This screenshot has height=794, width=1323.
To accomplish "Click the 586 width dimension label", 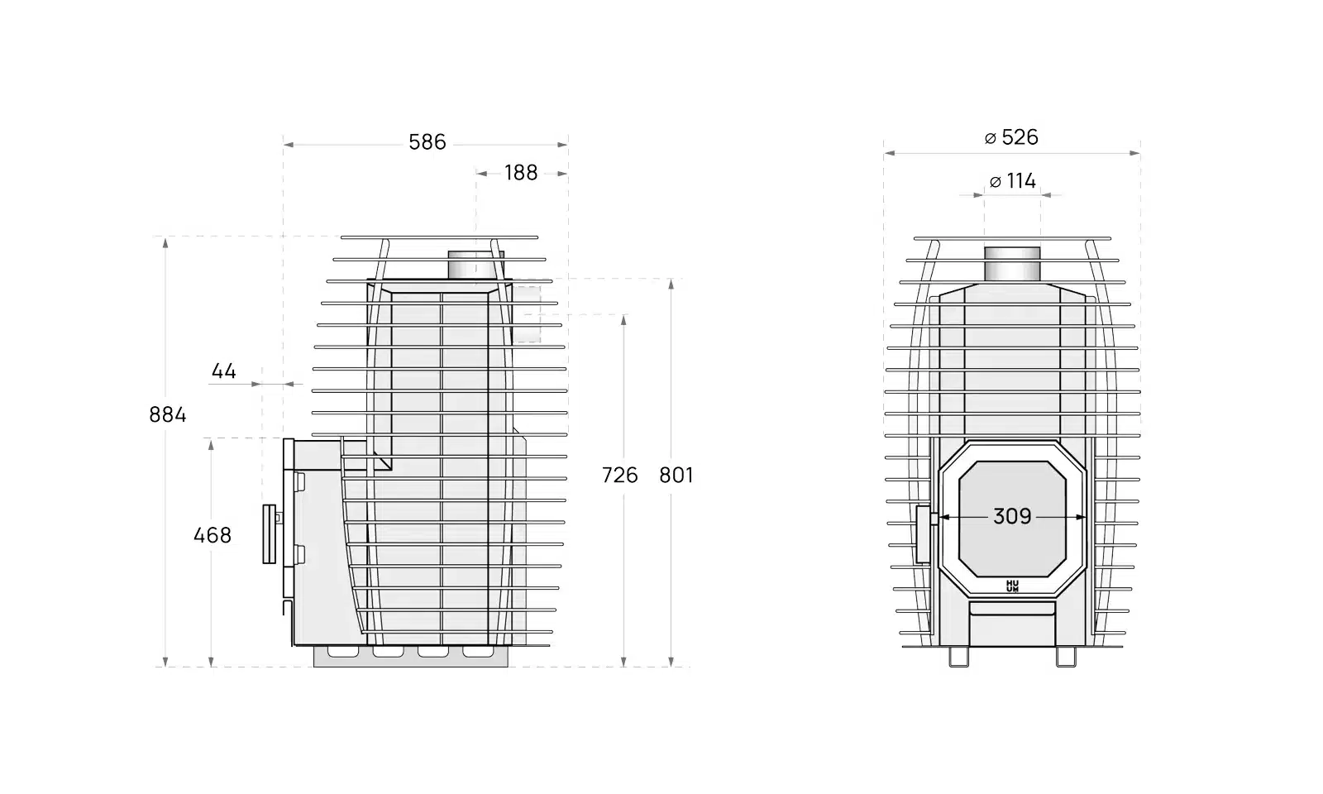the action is click(427, 142).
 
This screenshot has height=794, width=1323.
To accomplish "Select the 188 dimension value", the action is click(521, 173).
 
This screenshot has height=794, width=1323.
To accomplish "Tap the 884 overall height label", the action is click(168, 415).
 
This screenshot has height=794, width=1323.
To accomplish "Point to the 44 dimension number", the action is click(224, 371).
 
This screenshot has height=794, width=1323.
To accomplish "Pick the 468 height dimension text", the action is click(213, 536).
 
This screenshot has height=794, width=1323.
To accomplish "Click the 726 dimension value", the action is click(619, 476).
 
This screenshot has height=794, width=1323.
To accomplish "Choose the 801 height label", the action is click(676, 476).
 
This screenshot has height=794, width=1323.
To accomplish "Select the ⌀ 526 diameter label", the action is click(1012, 137).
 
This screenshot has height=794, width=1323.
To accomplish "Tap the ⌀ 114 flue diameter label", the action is click(1013, 181).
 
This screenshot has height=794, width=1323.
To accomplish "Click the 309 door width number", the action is click(1012, 517).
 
